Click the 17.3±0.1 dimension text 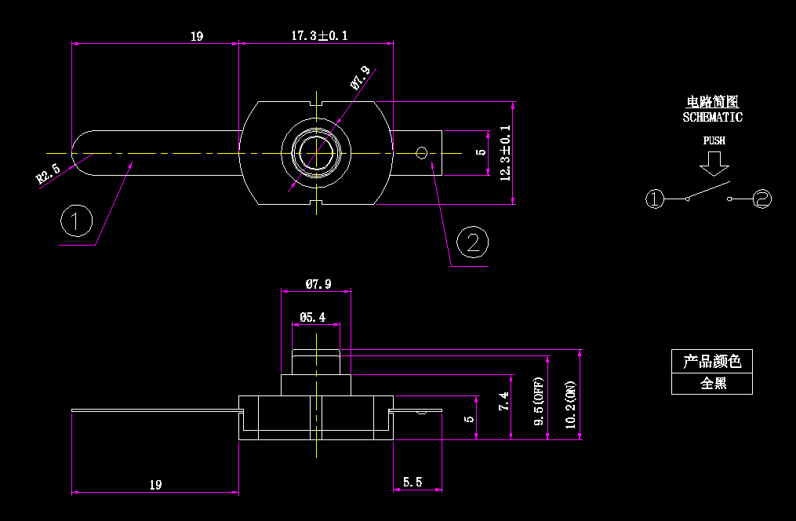(318, 36)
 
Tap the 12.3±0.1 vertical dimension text (505, 153)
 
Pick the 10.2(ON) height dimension (571, 405)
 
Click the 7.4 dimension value (504, 401)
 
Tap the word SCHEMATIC (712, 118)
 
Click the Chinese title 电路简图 (712, 102)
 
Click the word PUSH (714, 141)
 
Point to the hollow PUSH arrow (714, 163)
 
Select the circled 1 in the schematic (655, 199)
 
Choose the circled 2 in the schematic (762, 199)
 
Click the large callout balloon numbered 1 (77, 221)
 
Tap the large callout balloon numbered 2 (472, 242)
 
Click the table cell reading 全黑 (712, 384)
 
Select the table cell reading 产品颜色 (712, 361)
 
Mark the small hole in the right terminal (421, 152)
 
